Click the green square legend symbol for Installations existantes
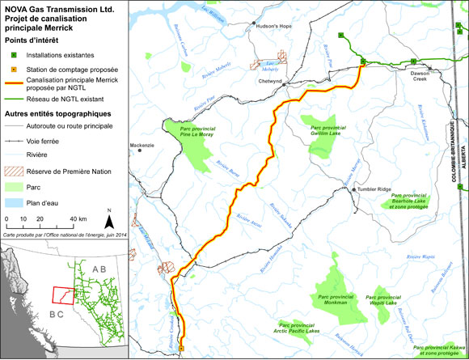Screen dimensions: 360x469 12,55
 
